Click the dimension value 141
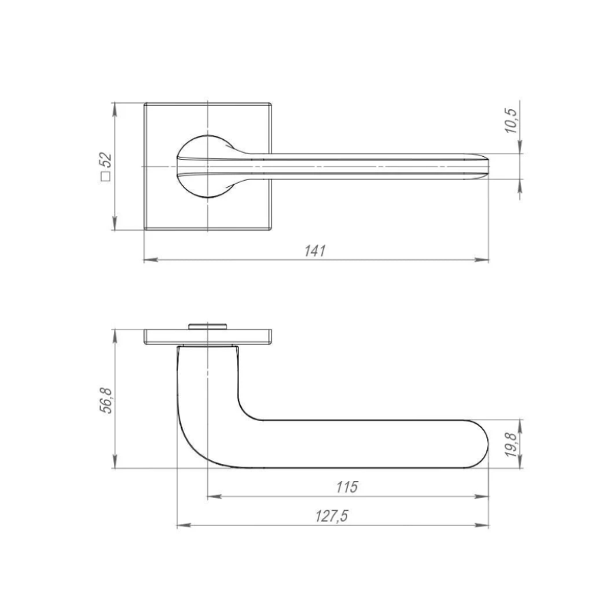click(x=315, y=250)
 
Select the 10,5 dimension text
click(x=510, y=121)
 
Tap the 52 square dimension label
click(x=106, y=160)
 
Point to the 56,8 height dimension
click(x=106, y=400)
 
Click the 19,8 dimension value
click(x=510, y=444)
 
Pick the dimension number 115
click(x=347, y=487)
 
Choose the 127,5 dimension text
click(x=332, y=516)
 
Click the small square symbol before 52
click(x=106, y=177)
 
